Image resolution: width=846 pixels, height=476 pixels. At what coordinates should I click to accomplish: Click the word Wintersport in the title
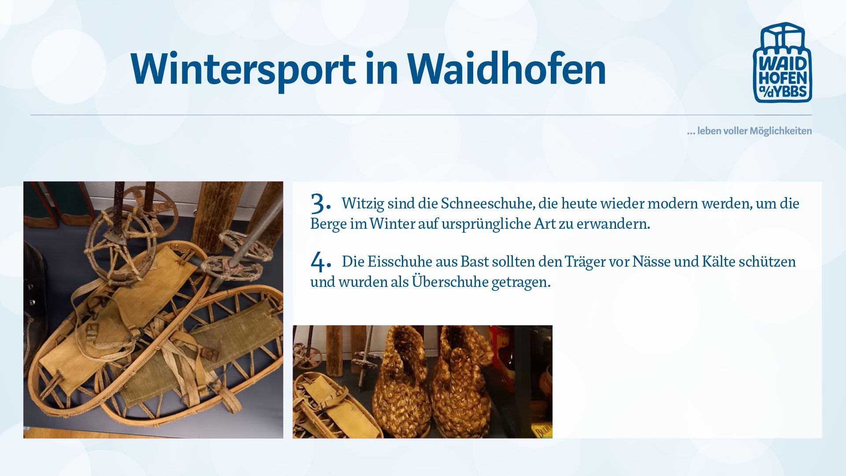243,70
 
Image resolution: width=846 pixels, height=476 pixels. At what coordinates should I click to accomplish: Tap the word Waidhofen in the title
506,69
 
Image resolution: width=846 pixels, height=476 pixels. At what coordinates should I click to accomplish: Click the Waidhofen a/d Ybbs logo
783,63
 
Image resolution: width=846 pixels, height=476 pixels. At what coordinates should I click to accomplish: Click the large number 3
320,203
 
